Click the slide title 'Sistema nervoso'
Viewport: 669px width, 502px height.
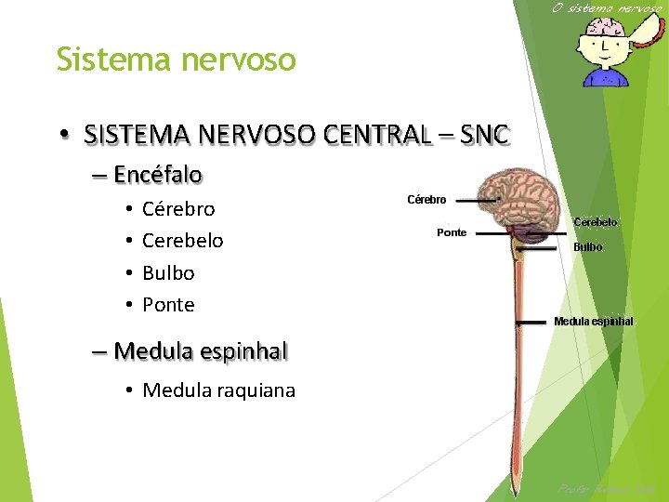coord(176,59)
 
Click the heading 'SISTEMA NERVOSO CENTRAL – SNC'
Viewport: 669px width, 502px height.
coord(295,135)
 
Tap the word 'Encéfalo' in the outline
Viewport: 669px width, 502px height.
coord(158,175)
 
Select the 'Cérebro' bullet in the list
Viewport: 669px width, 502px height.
coord(178,209)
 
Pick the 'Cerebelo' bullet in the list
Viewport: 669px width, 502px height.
coord(182,241)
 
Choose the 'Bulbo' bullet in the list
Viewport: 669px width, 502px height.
coord(168,273)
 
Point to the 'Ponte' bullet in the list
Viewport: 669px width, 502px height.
coord(168,305)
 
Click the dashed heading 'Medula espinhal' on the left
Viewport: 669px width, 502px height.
coord(200,351)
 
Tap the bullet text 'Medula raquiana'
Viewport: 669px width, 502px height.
coord(218,390)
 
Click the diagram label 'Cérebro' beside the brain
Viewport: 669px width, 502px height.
coord(426,200)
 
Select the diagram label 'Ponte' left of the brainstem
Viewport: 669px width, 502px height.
coord(452,232)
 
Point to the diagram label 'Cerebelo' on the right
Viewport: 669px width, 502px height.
coord(596,223)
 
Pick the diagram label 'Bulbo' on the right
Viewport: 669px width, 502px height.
coord(588,247)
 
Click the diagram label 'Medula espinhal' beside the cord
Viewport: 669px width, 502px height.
coord(593,322)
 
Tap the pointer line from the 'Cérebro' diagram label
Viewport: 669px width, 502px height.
coord(477,200)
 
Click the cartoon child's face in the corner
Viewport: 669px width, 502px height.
coord(604,46)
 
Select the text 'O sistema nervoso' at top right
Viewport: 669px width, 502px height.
coord(607,8)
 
